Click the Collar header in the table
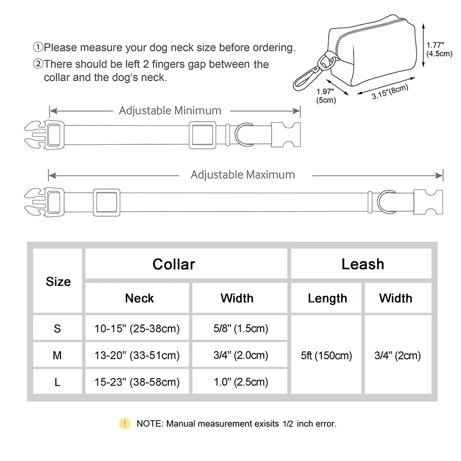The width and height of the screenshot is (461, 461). (x=174, y=264)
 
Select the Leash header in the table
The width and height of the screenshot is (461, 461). (x=362, y=264)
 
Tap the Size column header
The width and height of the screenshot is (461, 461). (x=58, y=282)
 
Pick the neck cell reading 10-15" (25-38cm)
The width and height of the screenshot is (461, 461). (x=137, y=329)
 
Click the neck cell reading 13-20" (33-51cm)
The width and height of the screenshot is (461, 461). (x=137, y=355)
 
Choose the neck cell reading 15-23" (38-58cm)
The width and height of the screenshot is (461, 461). (x=137, y=382)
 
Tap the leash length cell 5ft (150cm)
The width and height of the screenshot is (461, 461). (x=327, y=355)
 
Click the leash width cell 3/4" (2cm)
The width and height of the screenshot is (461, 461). (x=397, y=355)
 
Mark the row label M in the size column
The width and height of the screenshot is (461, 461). (x=57, y=355)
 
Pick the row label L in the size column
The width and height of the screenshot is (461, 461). (x=57, y=382)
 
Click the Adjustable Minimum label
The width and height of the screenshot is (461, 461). (x=170, y=111)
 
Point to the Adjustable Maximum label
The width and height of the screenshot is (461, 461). (x=242, y=175)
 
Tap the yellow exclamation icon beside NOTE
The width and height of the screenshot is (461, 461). (x=124, y=423)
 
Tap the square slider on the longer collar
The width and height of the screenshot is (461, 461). (x=106, y=202)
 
